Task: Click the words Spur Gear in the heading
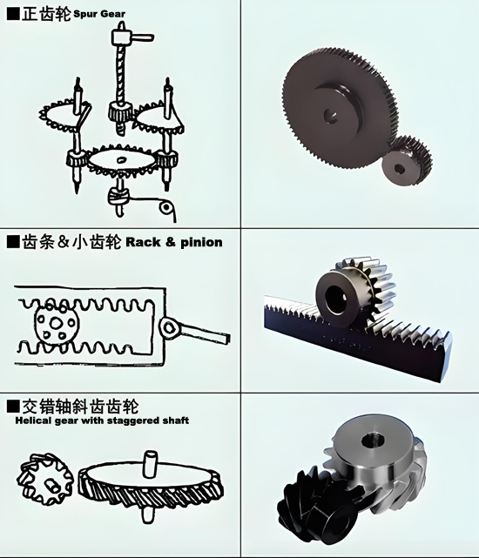(99, 14)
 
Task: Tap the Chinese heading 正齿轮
(46, 15)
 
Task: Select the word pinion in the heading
(201, 242)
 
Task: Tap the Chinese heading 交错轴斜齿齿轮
(80, 407)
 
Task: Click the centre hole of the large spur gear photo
(331, 116)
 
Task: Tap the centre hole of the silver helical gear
(372, 441)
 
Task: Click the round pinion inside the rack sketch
(57, 323)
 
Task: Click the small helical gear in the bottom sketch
(44, 479)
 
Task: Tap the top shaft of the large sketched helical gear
(150, 464)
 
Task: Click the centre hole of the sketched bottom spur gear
(121, 159)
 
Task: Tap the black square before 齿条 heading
(13, 242)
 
